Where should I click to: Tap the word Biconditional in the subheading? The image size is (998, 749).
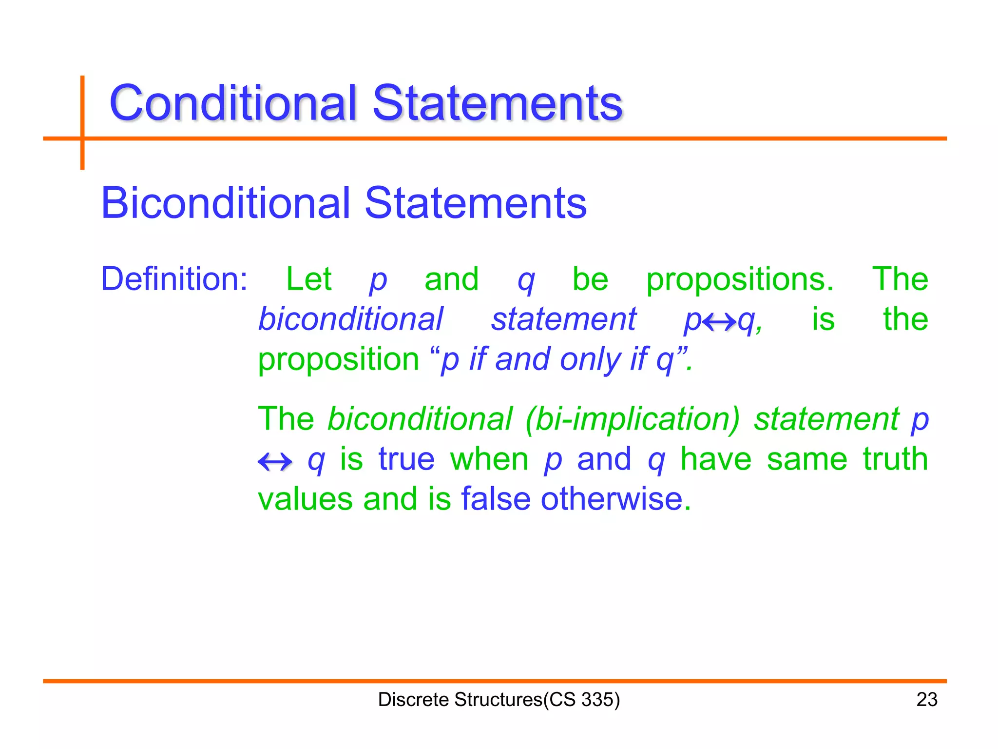pyautogui.click(x=225, y=203)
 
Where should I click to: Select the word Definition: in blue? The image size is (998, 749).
pyautogui.click(x=174, y=279)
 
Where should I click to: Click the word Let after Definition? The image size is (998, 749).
pyautogui.click(x=308, y=279)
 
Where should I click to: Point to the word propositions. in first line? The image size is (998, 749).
pyautogui.click(x=740, y=280)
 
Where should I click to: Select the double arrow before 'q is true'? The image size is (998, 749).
pyautogui.click(x=275, y=461)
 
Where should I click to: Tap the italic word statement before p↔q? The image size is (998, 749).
pyautogui.click(x=563, y=319)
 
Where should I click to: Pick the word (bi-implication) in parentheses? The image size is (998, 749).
pyautogui.click(x=632, y=419)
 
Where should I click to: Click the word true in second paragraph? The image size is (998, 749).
pyautogui.click(x=406, y=459)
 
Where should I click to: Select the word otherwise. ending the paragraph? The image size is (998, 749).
pyautogui.click(x=616, y=499)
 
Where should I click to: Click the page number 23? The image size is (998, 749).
pyautogui.click(x=926, y=699)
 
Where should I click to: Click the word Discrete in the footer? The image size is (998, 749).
pyautogui.click(x=413, y=699)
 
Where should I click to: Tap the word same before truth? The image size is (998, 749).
pyautogui.click(x=806, y=459)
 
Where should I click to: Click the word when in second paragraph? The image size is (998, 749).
pyautogui.click(x=489, y=459)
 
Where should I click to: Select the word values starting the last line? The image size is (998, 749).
pyautogui.click(x=305, y=499)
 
